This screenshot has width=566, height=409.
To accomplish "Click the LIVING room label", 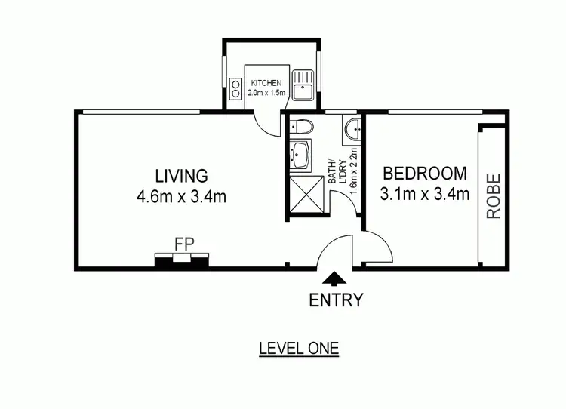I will (181, 177).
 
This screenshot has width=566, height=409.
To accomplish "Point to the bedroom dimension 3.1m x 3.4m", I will (425, 194).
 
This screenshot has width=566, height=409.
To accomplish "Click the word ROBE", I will (494, 197).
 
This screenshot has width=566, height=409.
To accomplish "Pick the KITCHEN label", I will (266, 83).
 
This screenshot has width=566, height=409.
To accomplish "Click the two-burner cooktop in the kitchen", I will (234, 90).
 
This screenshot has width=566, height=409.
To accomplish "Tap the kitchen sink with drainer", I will (304, 85).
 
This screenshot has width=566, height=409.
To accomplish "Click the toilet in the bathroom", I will (300, 127).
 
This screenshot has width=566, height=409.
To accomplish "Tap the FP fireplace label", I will (182, 244).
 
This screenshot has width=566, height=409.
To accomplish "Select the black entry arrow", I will (335, 280).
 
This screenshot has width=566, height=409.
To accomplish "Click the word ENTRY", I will (336, 300).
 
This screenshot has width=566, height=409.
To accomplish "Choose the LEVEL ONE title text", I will (299, 349).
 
